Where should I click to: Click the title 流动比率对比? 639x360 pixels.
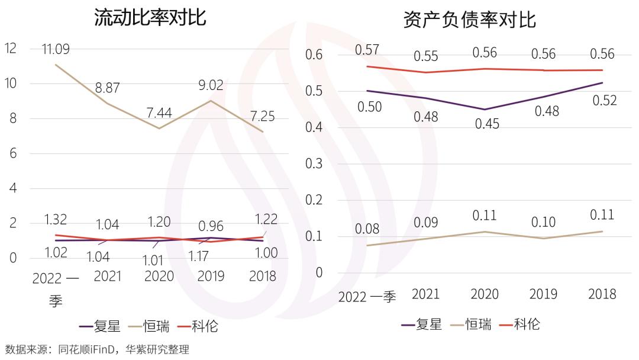pos(150,17)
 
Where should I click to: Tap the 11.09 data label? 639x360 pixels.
pos(56,49)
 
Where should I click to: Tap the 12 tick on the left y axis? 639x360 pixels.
pos(11,49)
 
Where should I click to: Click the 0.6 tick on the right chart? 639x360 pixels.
pos(314,54)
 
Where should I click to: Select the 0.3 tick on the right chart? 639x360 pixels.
pos(314,163)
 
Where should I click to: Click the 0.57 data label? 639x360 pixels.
pos(367,50)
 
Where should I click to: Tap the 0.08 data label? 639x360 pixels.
pos(367,229)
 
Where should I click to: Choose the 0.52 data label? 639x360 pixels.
pos(604,101)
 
